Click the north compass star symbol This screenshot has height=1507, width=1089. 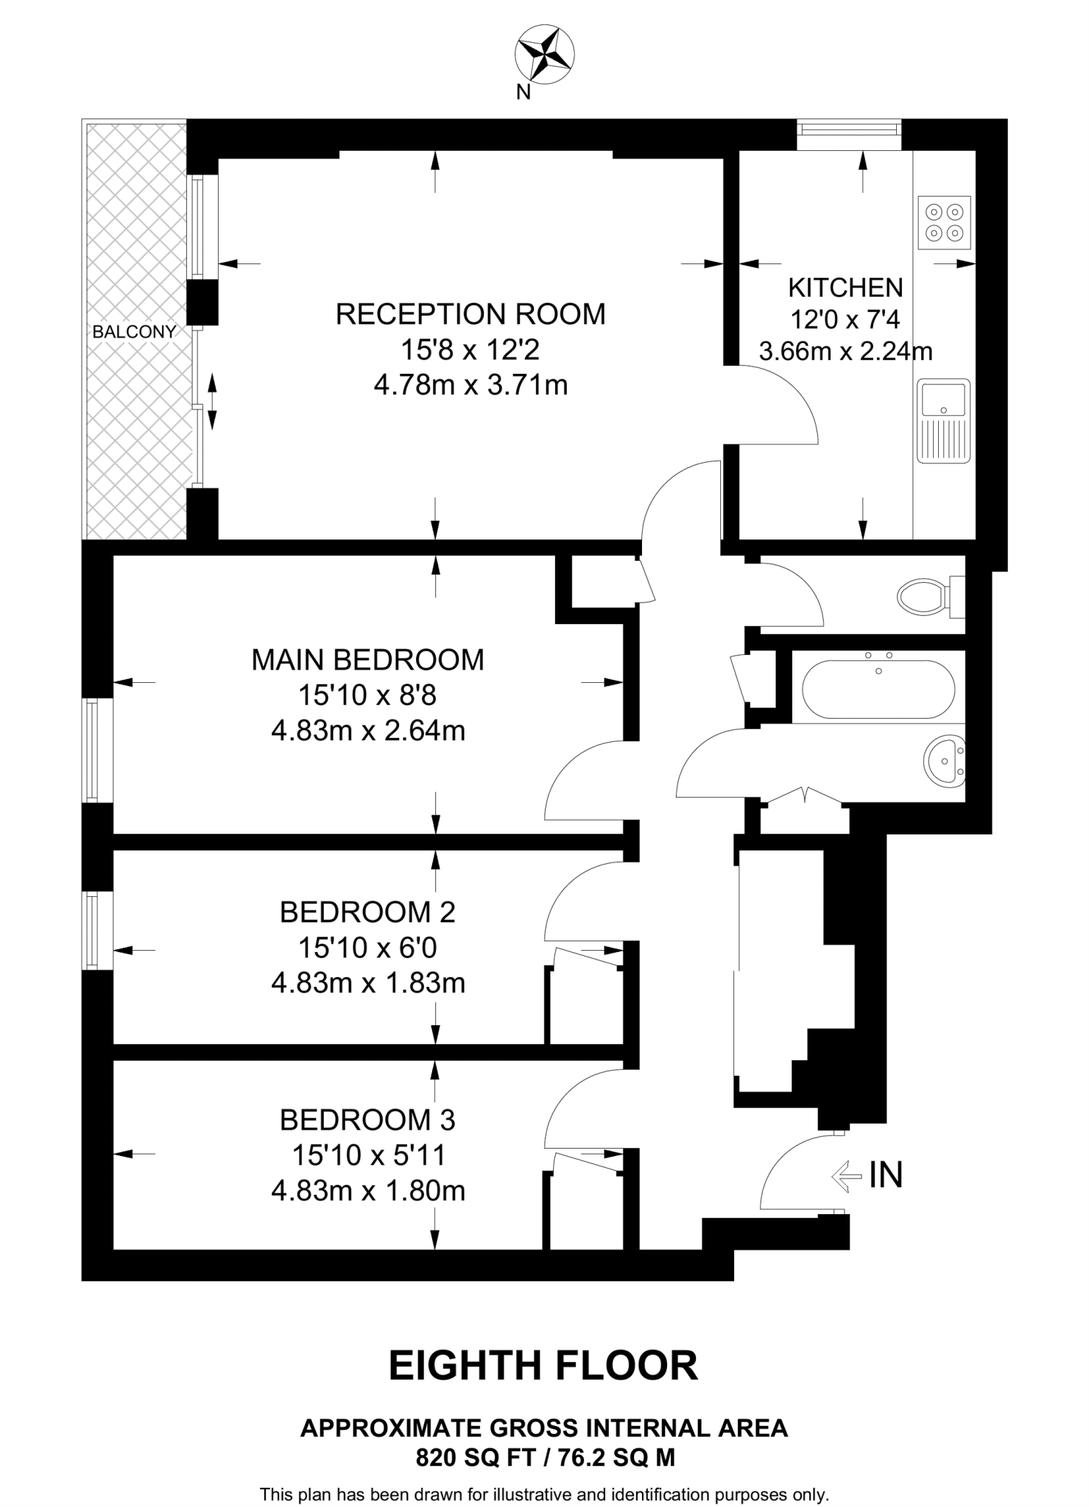click(x=545, y=52)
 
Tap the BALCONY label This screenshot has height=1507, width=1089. click(x=134, y=332)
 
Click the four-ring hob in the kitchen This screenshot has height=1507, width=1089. click(x=945, y=222)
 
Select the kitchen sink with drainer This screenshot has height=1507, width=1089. click(x=943, y=421)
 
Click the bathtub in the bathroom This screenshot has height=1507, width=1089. click(x=878, y=689)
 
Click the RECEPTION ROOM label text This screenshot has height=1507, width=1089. click(x=471, y=314)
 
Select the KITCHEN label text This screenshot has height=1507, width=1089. click(x=845, y=287)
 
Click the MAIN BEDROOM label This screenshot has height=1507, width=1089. click(x=367, y=660)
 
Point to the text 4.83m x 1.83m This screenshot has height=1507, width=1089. click(x=368, y=983)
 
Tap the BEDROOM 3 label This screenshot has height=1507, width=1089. click(x=367, y=1120)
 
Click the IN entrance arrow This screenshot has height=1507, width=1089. click(x=846, y=1176)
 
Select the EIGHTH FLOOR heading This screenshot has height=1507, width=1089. click(x=543, y=1366)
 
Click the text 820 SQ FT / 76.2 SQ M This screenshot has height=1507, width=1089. click(x=545, y=1458)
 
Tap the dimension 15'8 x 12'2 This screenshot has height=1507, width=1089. click(x=470, y=350)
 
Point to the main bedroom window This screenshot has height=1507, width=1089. click(x=92, y=750)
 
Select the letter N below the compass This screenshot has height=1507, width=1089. click(x=524, y=92)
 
